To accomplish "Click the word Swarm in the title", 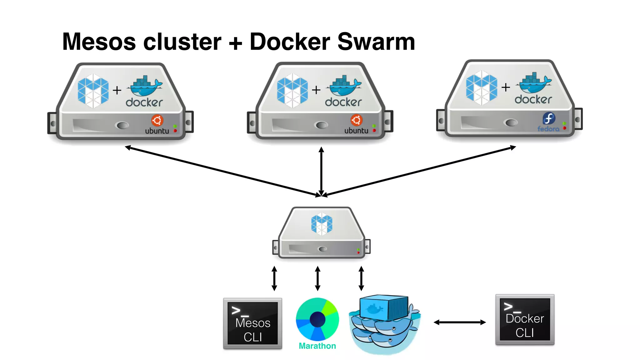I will point(376,42).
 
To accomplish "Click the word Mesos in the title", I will point(99,42).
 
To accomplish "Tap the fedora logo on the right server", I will point(549,119).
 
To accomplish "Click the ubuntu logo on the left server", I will point(157,121).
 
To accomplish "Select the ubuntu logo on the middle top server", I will point(356,120).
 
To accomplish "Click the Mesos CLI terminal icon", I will point(252,323).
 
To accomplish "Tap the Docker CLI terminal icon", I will point(525,319).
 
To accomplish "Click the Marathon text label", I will point(317,346).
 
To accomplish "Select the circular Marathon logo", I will point(317,319).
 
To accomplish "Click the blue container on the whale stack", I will point(384,307).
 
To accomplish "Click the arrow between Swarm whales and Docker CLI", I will point(459,322).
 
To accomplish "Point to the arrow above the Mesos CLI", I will point(274,278).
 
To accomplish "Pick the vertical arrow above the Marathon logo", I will point(317,278).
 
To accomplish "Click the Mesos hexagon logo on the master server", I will point(322,224).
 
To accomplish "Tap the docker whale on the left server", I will point(145,87).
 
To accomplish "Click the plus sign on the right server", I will point(506,87).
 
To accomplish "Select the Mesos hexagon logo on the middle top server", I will point(292,90).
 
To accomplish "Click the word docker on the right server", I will point(533,100).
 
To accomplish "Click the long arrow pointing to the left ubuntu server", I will point(219,171).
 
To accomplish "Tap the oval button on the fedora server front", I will point(511,122).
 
